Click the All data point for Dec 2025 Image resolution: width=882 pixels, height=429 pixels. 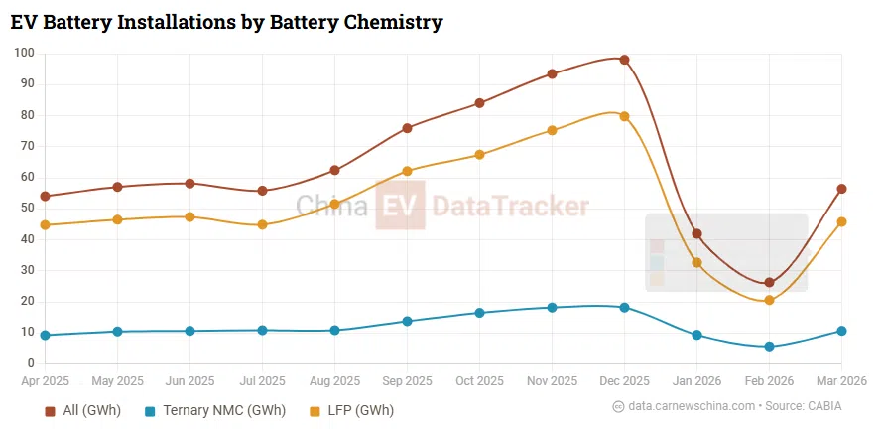point(624,60)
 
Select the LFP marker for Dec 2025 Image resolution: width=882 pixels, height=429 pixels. point(624,116)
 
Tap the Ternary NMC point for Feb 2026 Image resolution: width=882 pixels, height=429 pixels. point(769,347)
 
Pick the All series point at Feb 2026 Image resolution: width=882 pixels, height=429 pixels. point(769,283)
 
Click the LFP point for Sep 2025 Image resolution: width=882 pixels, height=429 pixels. point(407,171)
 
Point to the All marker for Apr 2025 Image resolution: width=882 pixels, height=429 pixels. point(46,197)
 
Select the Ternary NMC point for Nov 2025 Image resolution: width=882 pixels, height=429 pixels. point(552,308)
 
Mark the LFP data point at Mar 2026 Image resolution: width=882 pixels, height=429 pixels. point(841,221)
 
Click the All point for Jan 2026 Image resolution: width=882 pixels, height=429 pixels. point(696,234)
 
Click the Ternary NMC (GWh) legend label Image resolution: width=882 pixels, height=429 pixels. point(223,410)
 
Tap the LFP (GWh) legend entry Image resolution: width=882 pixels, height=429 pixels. point(351,410)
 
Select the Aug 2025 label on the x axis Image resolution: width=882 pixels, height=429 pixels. point(334,381)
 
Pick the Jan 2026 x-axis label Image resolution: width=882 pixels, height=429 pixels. point(696,381)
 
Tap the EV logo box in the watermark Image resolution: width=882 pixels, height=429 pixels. point(400,206)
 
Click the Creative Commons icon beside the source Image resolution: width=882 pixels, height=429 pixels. point(618,406)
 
